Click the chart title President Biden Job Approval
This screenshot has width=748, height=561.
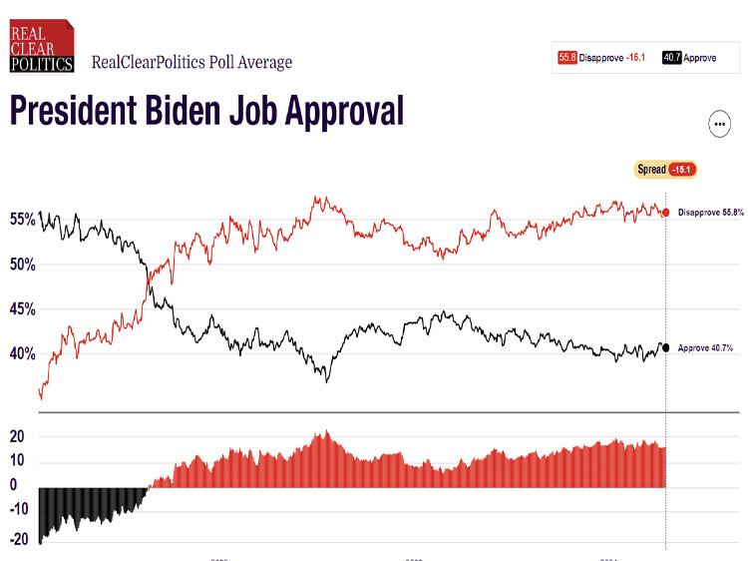206,110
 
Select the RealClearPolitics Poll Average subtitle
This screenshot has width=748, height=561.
191,62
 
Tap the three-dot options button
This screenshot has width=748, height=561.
719,124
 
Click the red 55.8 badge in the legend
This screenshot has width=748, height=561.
566,58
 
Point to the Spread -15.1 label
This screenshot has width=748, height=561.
665,170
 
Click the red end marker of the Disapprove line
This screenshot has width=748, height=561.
665,213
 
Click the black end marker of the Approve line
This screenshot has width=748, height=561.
665,347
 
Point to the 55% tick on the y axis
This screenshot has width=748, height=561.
23,219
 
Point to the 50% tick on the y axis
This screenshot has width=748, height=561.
23,265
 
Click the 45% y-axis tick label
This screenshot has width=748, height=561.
23,309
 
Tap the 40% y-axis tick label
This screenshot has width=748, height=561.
23,354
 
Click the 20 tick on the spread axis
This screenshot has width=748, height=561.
17,436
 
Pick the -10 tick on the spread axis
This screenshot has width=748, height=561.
17,512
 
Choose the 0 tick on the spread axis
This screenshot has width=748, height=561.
14,486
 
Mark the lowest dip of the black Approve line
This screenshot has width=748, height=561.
325,380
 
